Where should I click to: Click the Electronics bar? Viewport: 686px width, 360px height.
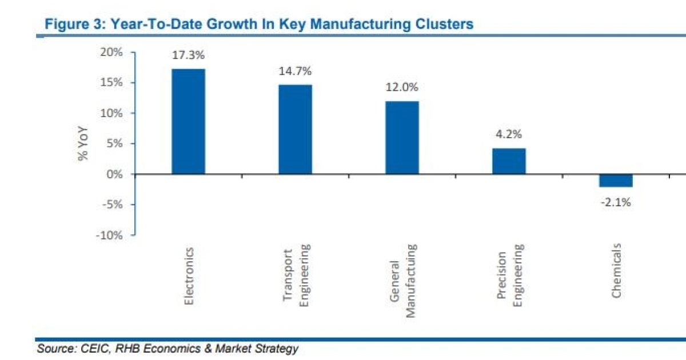[188, 121]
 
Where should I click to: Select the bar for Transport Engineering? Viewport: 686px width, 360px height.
[295, 129]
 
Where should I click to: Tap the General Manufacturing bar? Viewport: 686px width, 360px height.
[402, 137]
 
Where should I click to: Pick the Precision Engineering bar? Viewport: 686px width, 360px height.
[509, 161]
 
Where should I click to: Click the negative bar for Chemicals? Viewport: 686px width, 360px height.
[616, 181]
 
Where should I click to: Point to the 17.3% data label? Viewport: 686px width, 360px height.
[188, 56]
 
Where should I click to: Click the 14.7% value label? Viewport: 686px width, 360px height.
[295, 71]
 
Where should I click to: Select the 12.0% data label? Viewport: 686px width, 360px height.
[402, 88]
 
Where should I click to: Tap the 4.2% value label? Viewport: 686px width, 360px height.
[509, 135]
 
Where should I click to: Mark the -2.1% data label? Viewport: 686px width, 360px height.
[616, 202]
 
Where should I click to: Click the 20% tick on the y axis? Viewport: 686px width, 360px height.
[112, 53]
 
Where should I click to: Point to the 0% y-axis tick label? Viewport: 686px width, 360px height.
[115, 174]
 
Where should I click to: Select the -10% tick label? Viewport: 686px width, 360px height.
[110, 235]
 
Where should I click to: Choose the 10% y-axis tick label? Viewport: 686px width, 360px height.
[112, 113]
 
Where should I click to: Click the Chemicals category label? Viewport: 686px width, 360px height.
[616, 270]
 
